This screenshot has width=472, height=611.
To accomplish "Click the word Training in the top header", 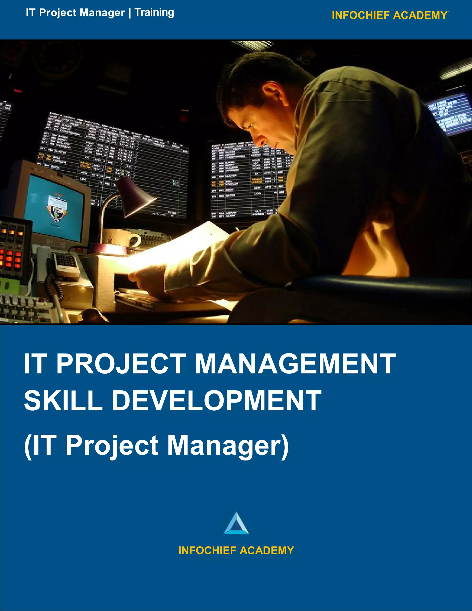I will pyautogui.click(x=154, y=13).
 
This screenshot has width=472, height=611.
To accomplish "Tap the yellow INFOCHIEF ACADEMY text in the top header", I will pyautogui.click(x=389, y=15).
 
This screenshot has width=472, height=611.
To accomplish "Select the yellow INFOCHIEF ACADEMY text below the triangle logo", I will pyautogui.click(x=236, y=551).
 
